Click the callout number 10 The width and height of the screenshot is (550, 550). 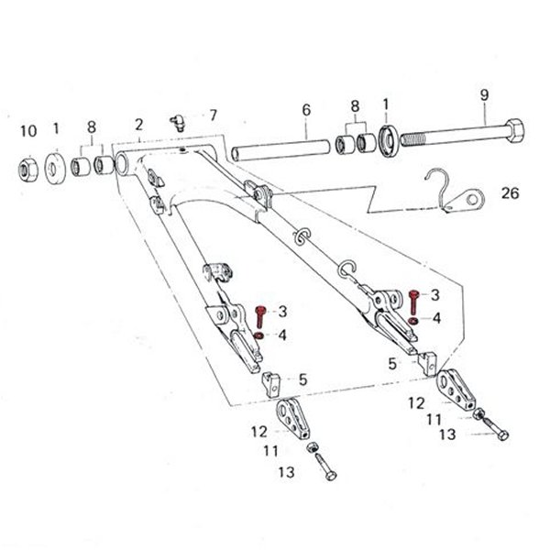[x=28, y=131]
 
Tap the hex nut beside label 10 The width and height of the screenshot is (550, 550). [x=28, y=170]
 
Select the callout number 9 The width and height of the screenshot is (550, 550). [x=484, y=94]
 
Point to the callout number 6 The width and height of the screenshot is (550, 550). [x=306, y=110]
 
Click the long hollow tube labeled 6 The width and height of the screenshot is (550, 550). [x=280, y=150]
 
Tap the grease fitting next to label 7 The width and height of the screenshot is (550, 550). [x=179, y=123]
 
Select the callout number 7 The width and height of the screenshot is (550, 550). [x=214, y=115]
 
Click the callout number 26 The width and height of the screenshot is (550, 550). [x=510, y=192]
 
